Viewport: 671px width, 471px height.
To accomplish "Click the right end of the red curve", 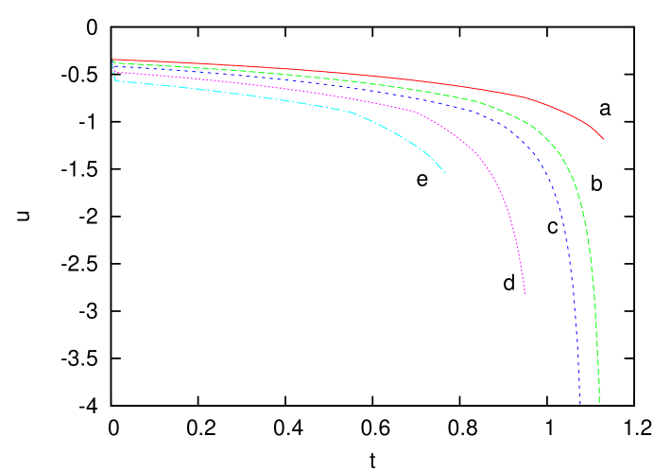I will point(603,139).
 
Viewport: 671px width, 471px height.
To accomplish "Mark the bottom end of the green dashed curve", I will point(599,403).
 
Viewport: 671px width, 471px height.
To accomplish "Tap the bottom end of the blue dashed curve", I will point(580,404).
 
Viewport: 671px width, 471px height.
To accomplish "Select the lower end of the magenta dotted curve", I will point(525,294).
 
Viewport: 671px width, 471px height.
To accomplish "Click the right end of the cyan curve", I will point(445,172).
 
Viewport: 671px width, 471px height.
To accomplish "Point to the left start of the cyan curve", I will point(115,80).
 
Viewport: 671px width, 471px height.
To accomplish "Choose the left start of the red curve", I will point(113,61).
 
